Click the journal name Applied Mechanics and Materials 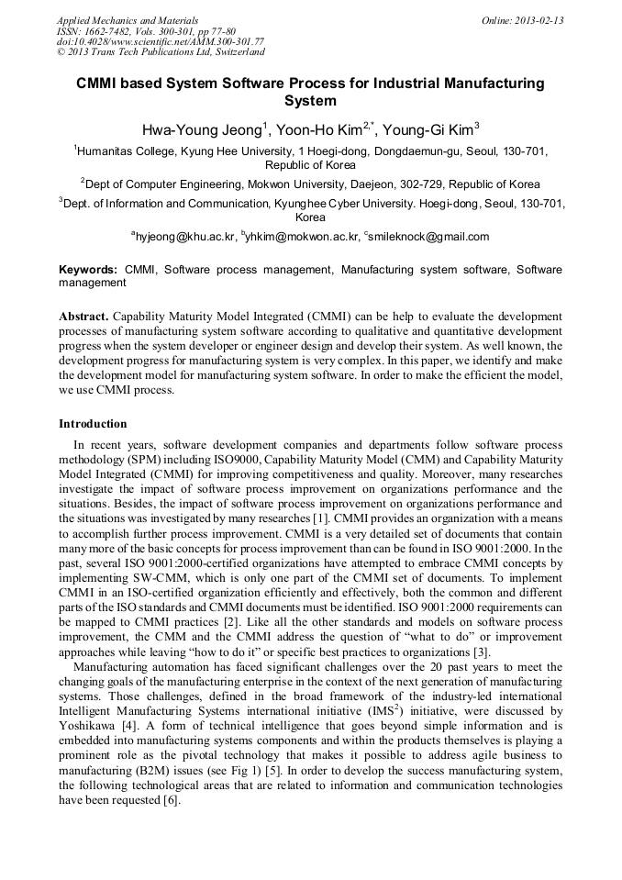tap(128, 20)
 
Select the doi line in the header tap(160, 42)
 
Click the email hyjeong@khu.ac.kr tap(186, 237)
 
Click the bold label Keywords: tap(88, 271)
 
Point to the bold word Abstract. tap(83, 316)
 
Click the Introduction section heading tap(93, 424)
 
